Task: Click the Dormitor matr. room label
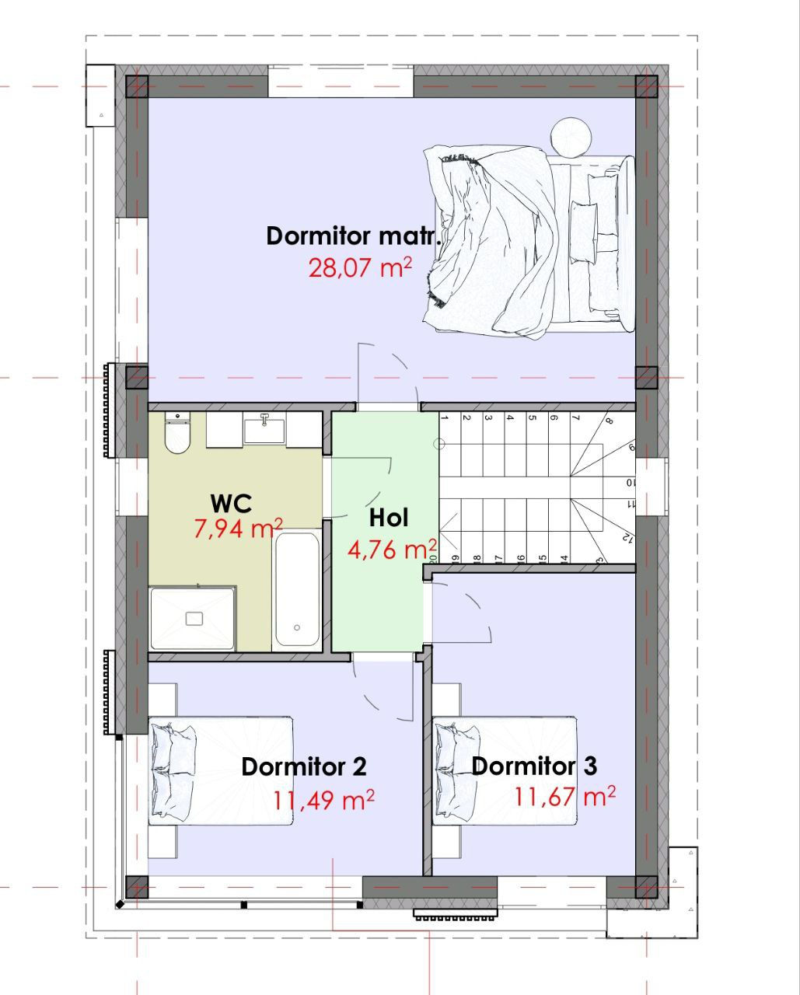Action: pyautogui.click(x=353, y=236)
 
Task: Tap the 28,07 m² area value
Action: pyautogui.click(x=360, y=267)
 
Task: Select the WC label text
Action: pyautogui.click(x=231, y=504)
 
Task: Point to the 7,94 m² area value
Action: pyautogui.click(x=238, y=529)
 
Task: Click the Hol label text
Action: pyautogui.click(x=389, y=518)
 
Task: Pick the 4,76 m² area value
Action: pyautogui.click(x=392, y=550)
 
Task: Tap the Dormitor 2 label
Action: pyautogui.click(x=304, y=767)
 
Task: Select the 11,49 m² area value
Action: pyautogui.click(x=323, y=800)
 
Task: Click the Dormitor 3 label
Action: pyautogui.click(x=534, y=766)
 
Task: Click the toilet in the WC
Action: pyautogui.click(x=177, y=433)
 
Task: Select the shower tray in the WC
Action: pyautogui.click(x=193, y=618)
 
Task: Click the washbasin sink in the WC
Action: pyautogui.click(x=264, y=429)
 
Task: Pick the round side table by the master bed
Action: pyautogui.click(x=571, y=138)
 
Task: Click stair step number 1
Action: pyautogui.click(x=449, y=444)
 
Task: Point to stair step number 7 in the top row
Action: pyautogui.click(x=580, y=444)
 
